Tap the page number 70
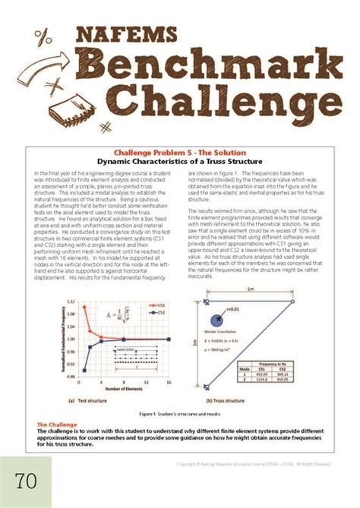27,481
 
